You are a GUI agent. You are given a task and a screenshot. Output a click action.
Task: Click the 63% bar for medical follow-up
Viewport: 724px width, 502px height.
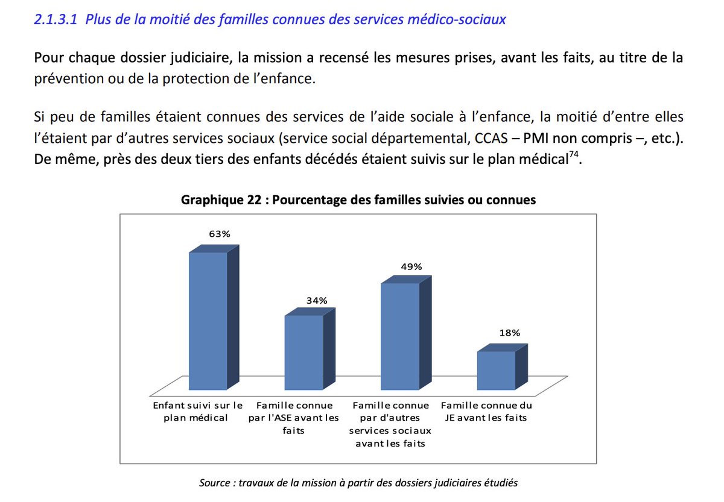coord(208,321)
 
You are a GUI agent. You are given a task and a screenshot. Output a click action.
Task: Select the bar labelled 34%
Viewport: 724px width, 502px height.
coord(303,353)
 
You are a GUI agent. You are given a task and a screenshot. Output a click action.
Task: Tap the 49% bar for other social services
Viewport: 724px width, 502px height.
coord(399,336)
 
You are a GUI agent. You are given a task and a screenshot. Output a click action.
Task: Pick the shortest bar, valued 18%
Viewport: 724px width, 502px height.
coord(496,370)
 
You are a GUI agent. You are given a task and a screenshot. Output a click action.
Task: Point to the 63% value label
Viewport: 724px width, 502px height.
coord(220,234)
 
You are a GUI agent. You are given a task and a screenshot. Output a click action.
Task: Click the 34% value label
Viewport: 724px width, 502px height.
coord(316,300)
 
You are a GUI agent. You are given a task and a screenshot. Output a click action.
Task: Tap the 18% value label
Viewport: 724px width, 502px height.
coord(508,332)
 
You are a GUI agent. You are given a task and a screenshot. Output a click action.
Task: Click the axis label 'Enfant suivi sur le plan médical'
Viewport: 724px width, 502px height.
coord(198,412)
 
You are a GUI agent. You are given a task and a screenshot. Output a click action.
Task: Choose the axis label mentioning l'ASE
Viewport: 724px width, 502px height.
coord(294,418)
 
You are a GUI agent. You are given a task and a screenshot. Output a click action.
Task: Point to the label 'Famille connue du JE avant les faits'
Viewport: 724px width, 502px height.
coord(487,412)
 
